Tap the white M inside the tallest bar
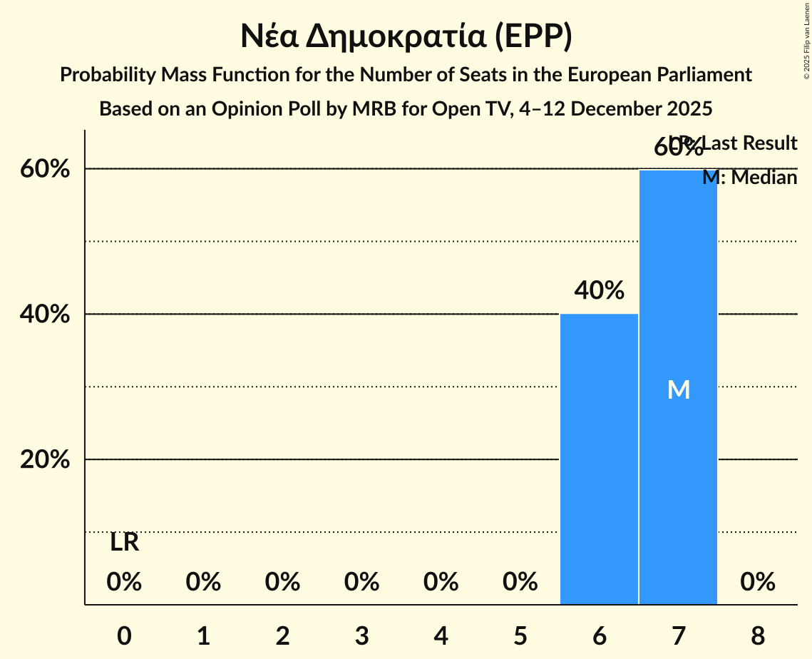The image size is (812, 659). click(678, 389)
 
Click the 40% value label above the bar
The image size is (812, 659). click(600, 290)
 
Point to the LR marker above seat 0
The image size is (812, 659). click(124, 543)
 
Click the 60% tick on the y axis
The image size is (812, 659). click(45, 169)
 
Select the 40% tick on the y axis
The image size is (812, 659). click(45, 315)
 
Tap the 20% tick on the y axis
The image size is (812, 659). click(45, 460)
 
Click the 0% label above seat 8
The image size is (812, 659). click(757, 582)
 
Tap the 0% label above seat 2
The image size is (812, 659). click(282, 582)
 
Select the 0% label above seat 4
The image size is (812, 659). click(441, 582)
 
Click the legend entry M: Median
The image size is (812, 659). click(749, 178)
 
